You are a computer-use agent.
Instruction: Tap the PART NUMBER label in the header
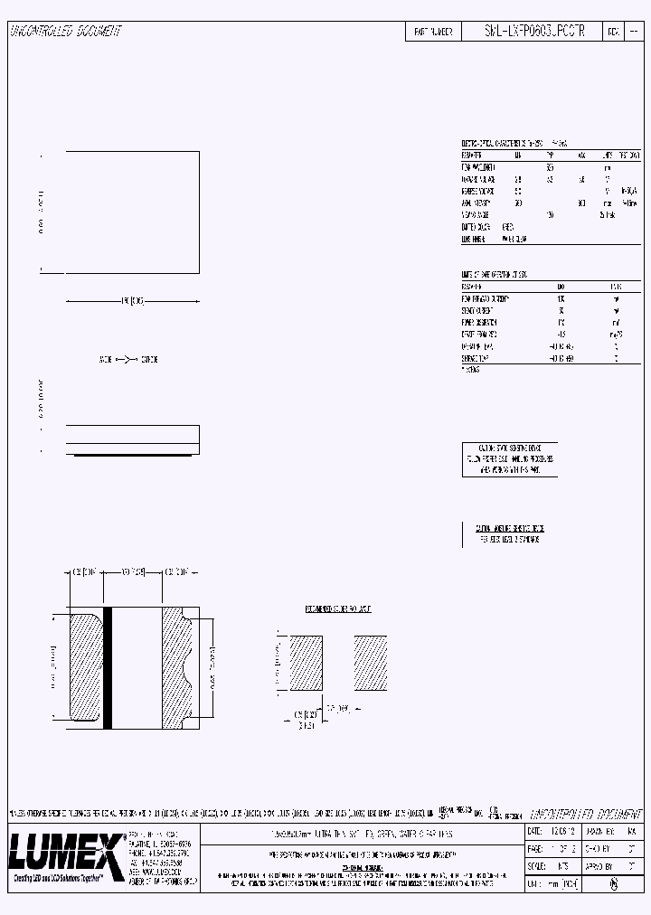click(433, 31)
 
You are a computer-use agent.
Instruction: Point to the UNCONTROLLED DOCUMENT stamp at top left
click(65, 31)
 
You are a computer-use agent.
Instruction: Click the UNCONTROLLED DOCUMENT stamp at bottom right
click(584, 814)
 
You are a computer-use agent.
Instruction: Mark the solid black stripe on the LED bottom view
click(108, 667)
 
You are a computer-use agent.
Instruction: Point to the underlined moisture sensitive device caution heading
click(510, 528)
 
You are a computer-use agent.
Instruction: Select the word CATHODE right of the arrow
click(149, 360)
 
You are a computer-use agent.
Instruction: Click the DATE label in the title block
click(534, 830)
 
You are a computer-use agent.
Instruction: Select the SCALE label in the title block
click(537, 866)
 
